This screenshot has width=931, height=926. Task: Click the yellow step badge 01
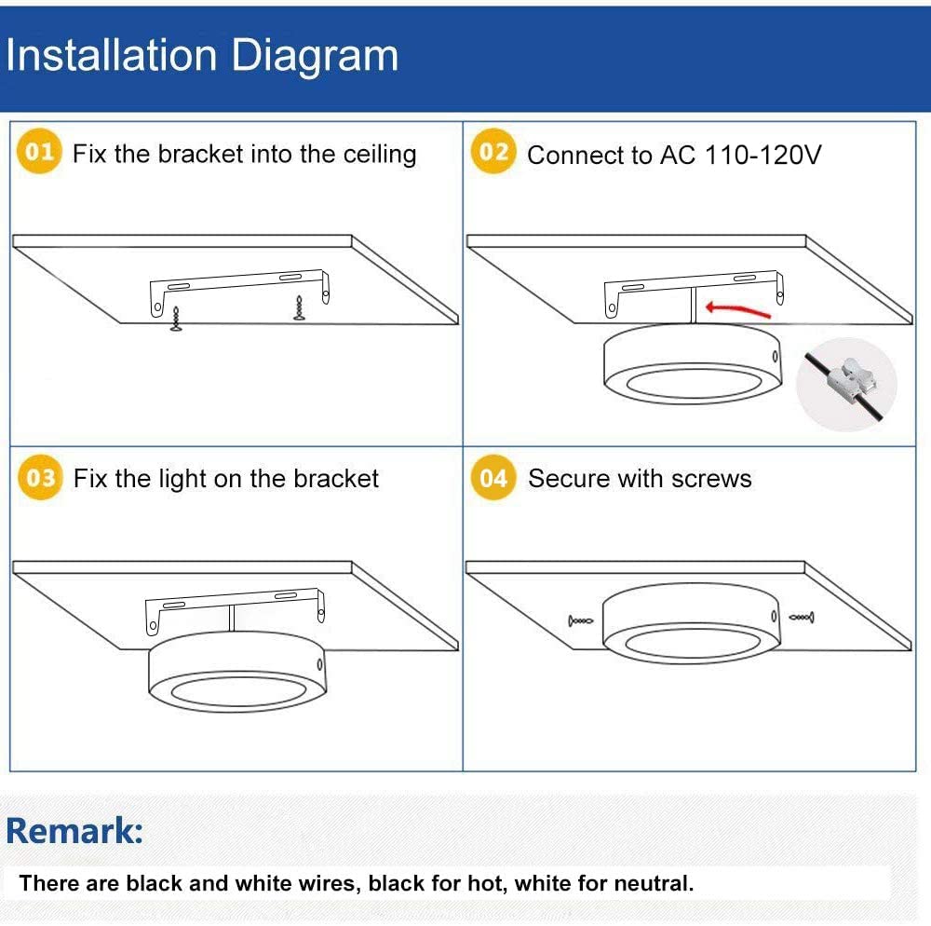coord(39,151)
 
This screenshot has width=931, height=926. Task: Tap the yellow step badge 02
coord(493,151)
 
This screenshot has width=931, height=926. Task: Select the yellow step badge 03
coord(40,477)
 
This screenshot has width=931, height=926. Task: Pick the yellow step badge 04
coord(493,477)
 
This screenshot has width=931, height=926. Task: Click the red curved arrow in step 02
coord(737,309)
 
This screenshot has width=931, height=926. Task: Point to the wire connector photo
coord(846,385)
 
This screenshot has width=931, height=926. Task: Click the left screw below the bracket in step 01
coord(176,319)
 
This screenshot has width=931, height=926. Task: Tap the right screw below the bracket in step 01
coord(299,308)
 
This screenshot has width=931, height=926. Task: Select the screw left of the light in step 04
coord(581,620)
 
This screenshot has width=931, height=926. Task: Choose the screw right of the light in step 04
coord(802,618)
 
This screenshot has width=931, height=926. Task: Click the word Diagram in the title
coord(314,57)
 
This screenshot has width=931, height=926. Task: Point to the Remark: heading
coord(74,830)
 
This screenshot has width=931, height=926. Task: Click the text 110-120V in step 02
coord(763,155)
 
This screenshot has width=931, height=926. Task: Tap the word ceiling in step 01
coord(380,155)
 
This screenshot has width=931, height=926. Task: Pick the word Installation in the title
coord(111,55)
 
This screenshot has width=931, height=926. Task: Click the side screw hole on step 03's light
coord(319,664)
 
